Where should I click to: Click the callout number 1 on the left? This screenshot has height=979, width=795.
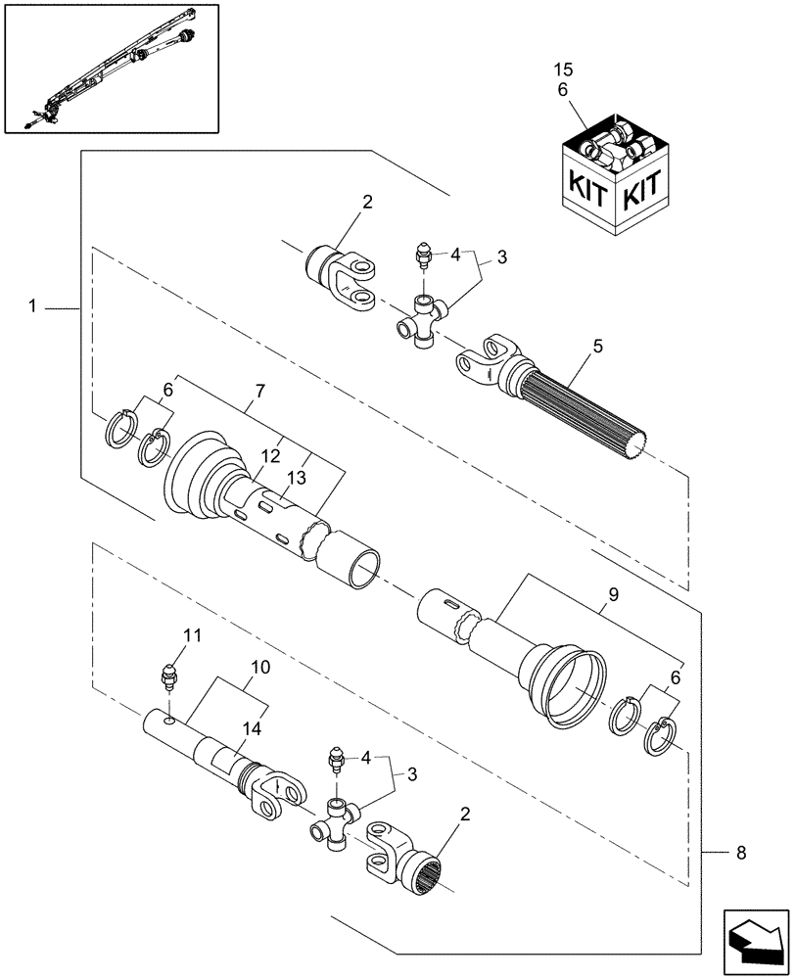pyautogui.click(x=32, y=306)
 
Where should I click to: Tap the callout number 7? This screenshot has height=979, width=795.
pyautogui.click(x=258, y=391)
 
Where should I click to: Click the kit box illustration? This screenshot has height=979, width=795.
pyautogui.click(x=613, y=181)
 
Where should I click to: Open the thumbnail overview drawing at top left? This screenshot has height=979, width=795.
pyautogui.click(x=111, y=68)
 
